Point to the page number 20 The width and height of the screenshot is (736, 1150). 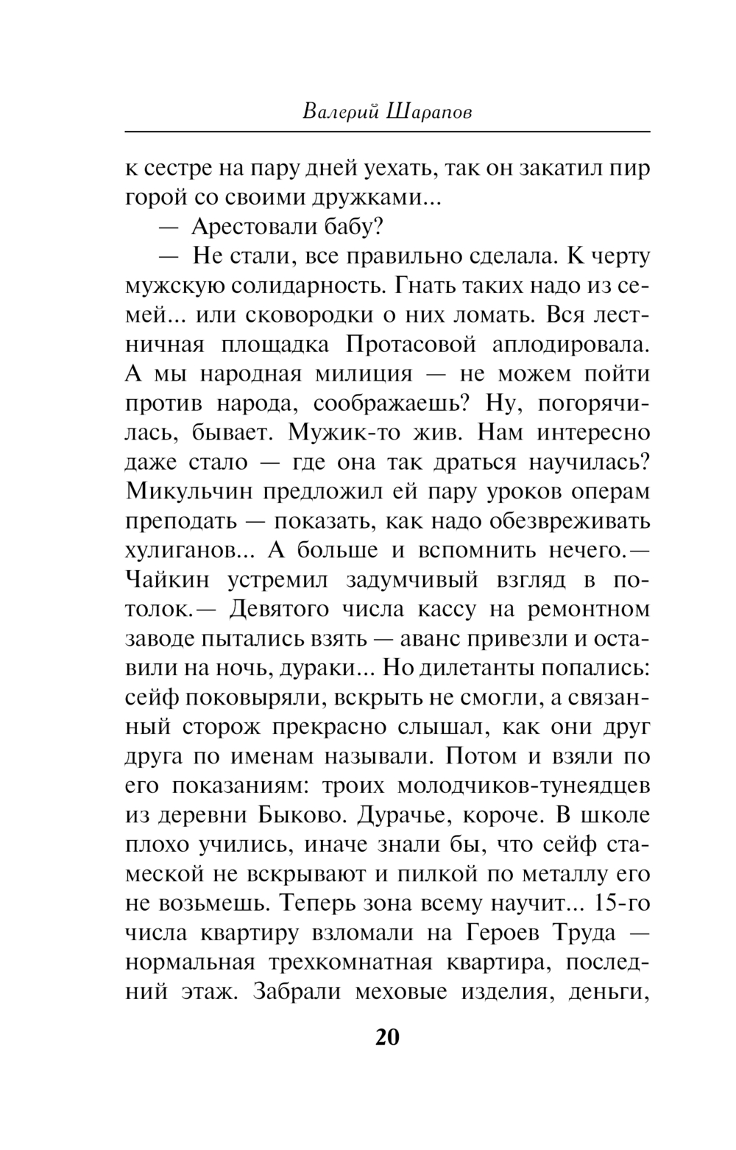point(387,1037)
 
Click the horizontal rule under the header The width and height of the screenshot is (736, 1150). point(387,132)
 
